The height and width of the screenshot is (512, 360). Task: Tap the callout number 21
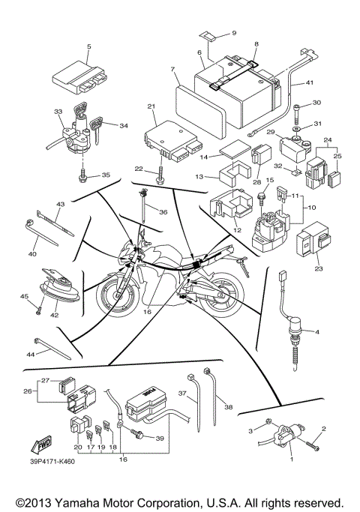[x=151, y=106]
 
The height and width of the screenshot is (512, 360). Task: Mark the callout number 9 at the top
[x=233, y=34]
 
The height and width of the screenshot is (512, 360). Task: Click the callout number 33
[x=58, y=112]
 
